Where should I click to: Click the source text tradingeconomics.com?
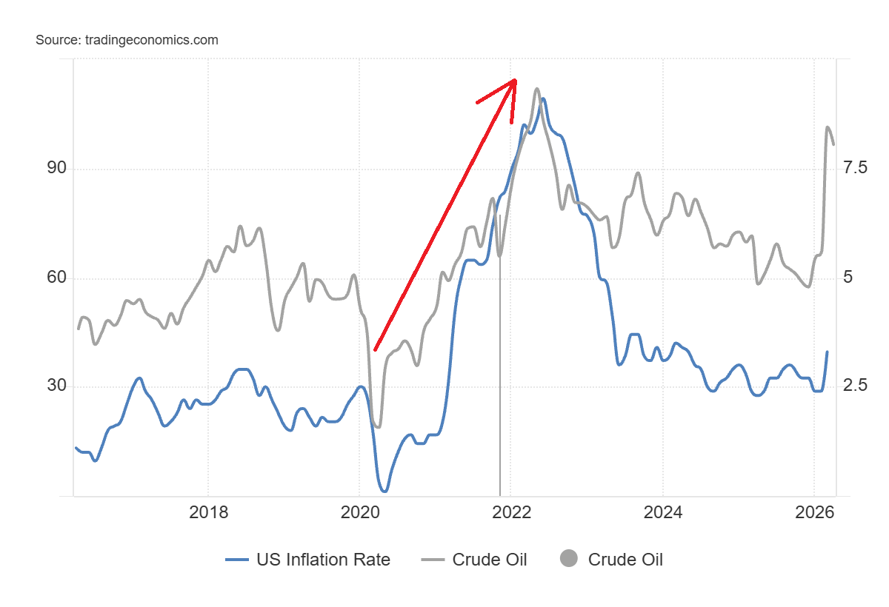[x=127, y=40]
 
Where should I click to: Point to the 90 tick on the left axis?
[x=57, y=169]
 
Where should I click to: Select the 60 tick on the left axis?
[x=57, y=278]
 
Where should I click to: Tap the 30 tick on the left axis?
[x=57, y=386]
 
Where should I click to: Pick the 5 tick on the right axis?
[x=848, y=278]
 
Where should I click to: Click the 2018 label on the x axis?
[x=208, y=512]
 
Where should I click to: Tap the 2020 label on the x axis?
[x=359, y=512]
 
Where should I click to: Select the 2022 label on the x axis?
[x=511, y=512]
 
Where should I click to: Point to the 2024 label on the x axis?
[x=662, y=512]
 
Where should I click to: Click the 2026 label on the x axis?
[x=814, y=512]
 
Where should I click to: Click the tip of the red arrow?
[x=515, y=80]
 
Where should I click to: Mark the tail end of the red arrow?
[x=375, y=350]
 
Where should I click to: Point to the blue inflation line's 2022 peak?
[x=543, y=98]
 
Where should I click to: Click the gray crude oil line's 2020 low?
[x=378, y=427]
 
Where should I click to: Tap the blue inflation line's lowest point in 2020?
[x=384, y=491]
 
